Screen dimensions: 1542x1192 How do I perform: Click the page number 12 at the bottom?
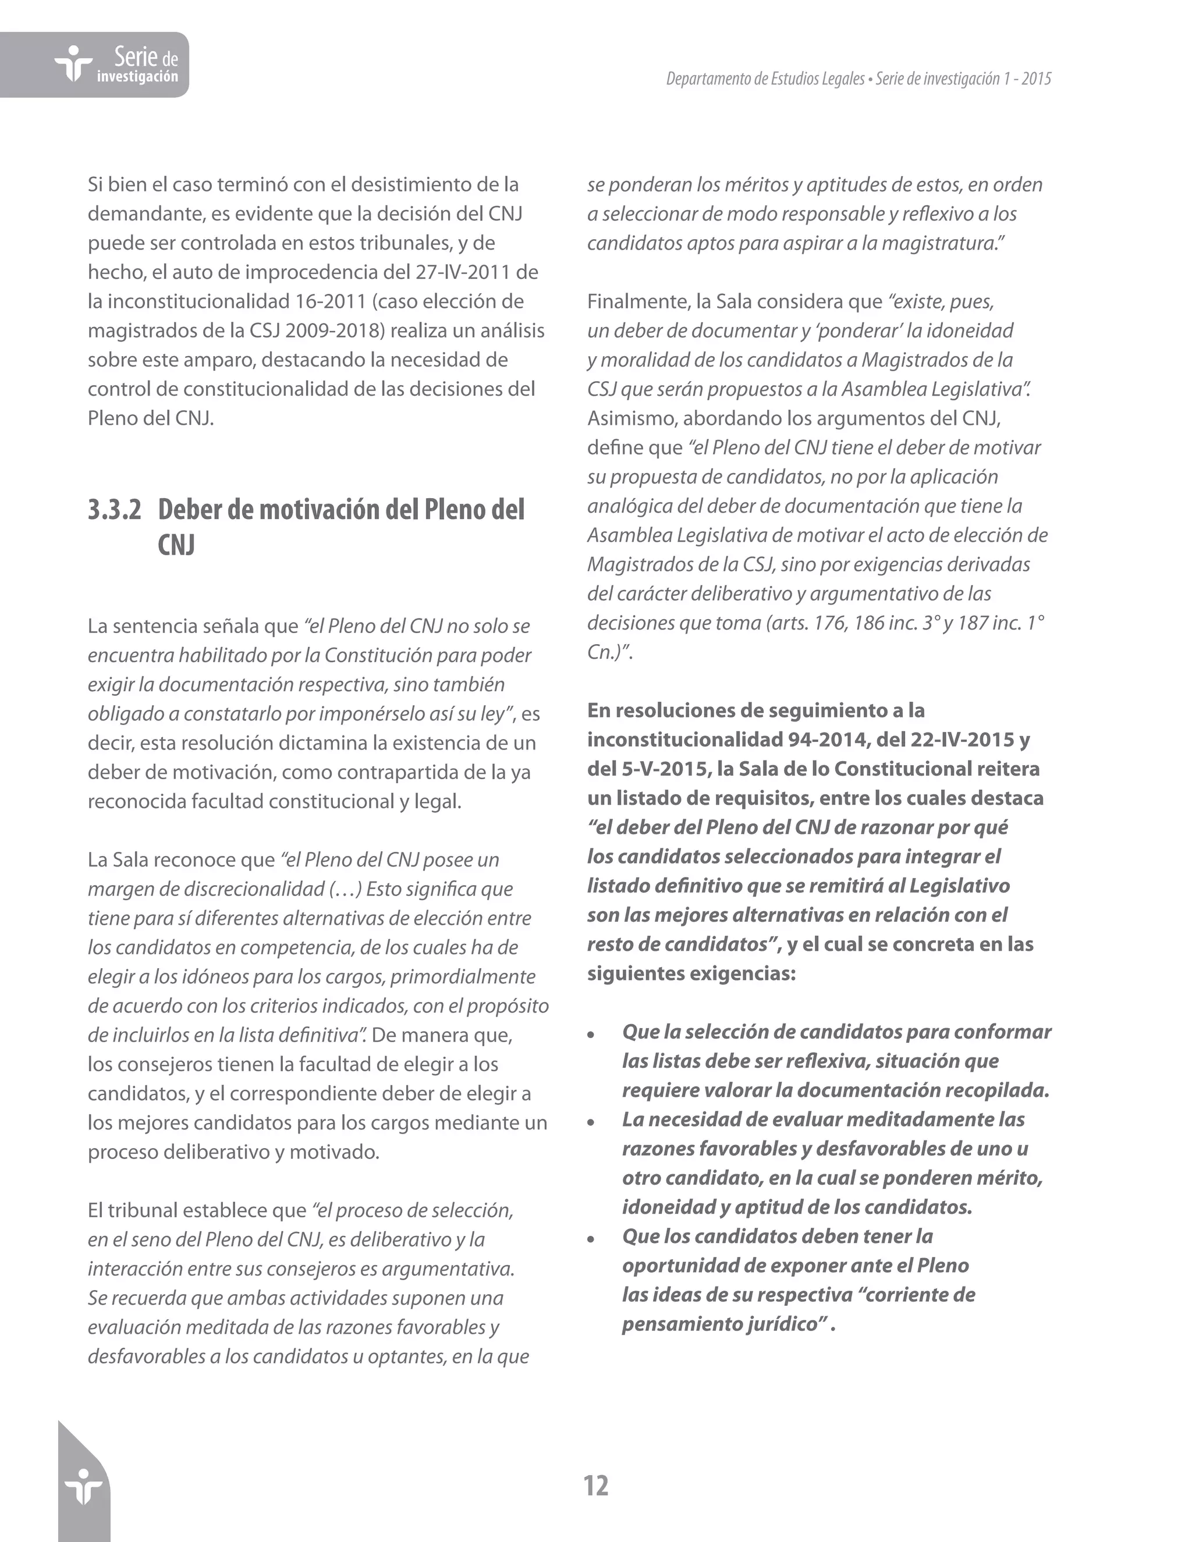(x=596, y=1486)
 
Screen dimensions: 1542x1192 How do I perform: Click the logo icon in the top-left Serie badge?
(x=73, y=64)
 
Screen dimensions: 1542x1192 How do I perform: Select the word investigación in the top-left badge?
(x=137, y=77)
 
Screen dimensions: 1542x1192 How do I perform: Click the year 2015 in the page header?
(x=1036, y=79)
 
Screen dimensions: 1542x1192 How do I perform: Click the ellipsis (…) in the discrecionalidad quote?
(x=345, y=890)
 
